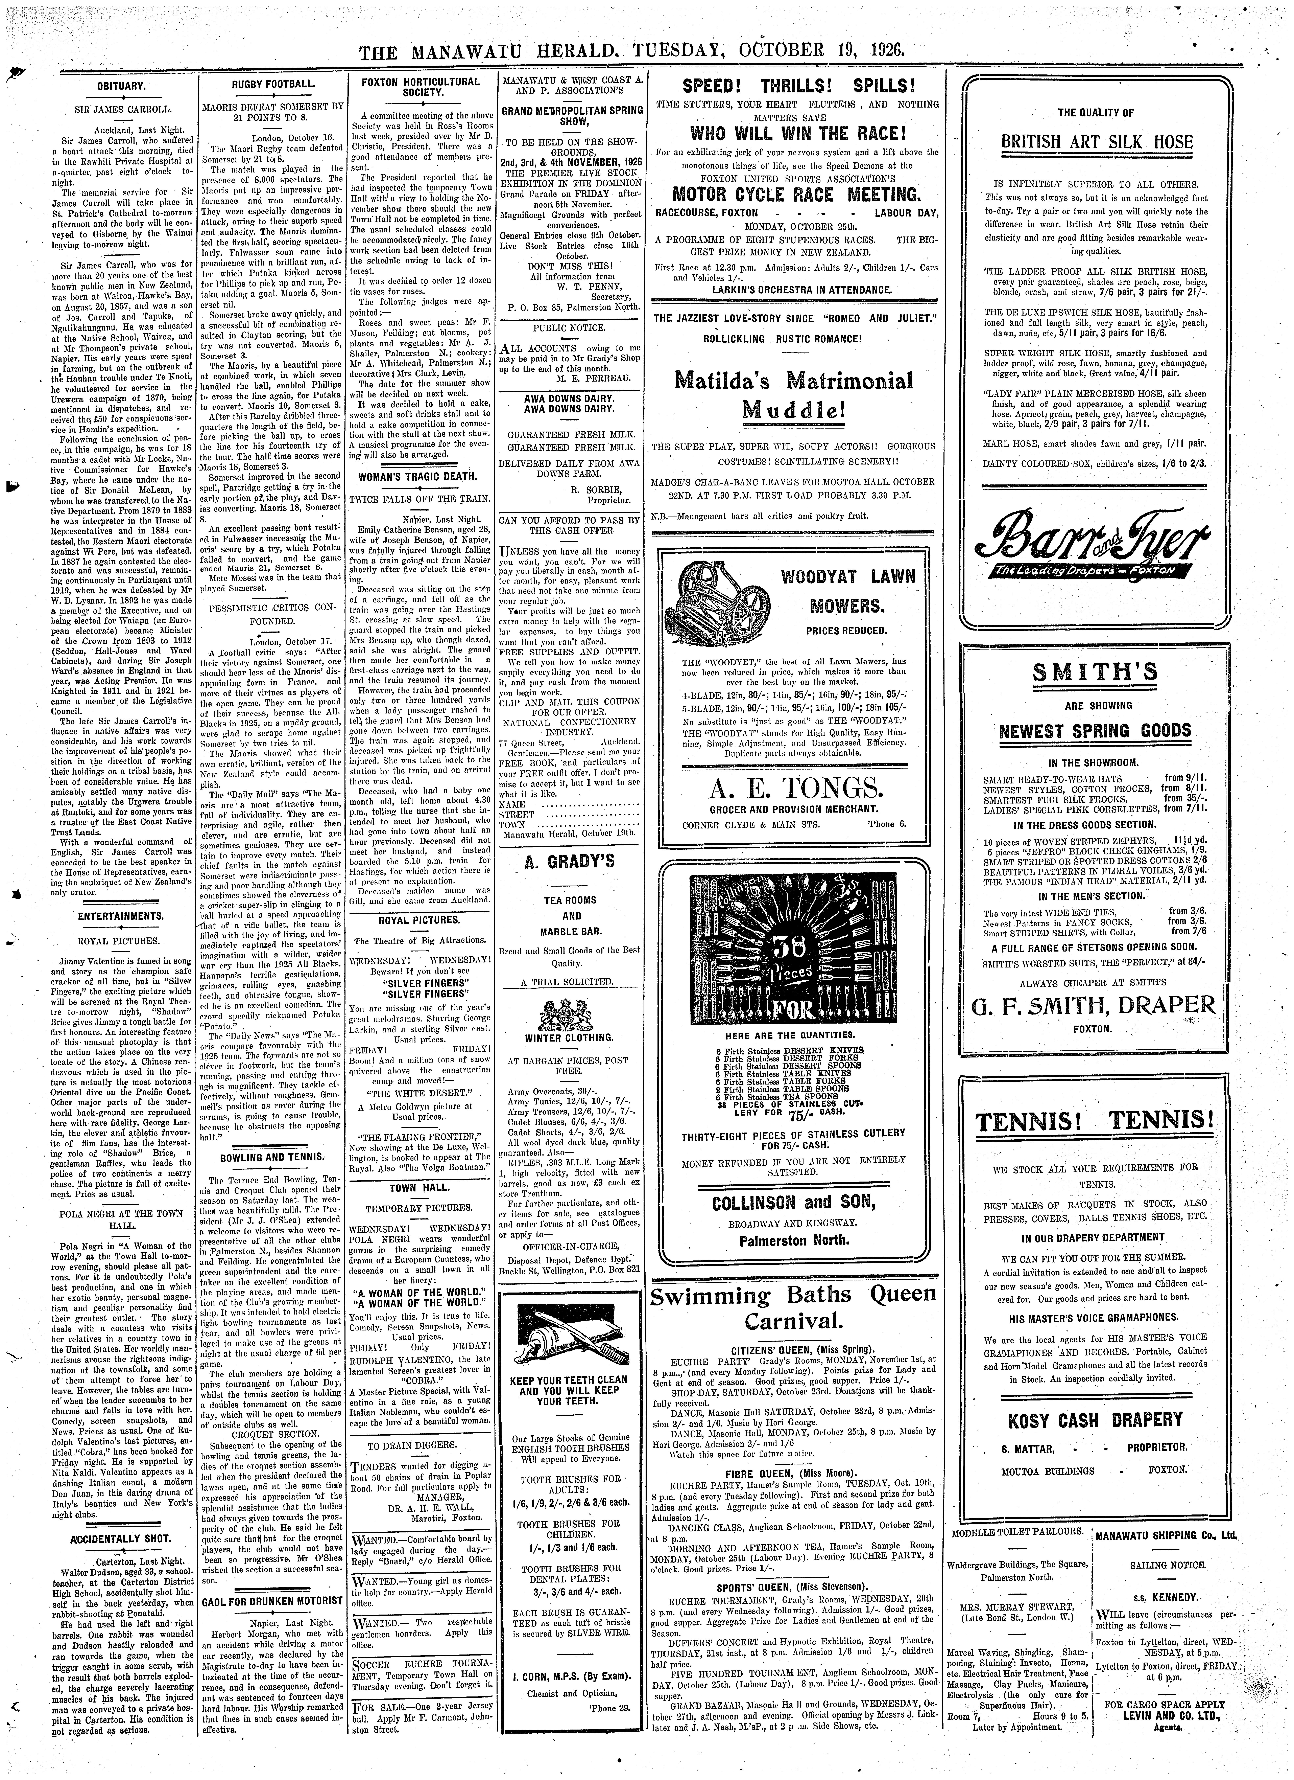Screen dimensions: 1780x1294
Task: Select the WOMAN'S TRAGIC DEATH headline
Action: point(417,476)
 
